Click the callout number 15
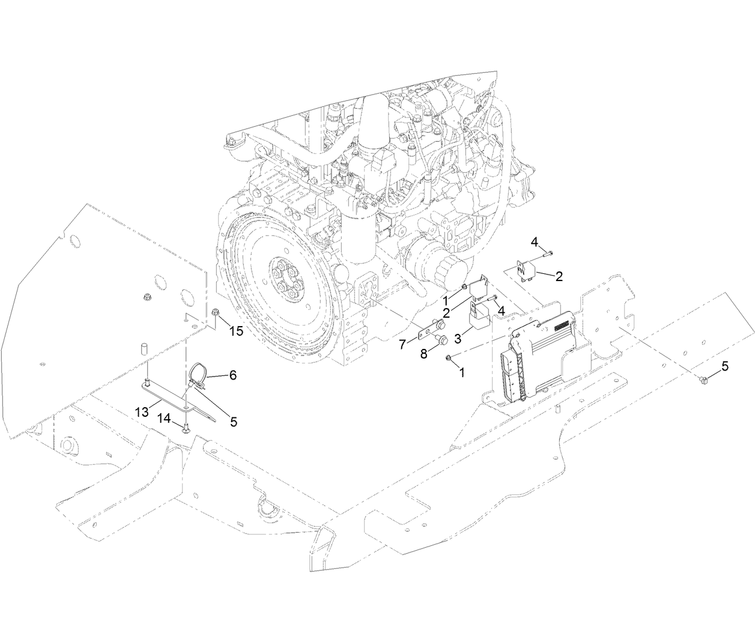[235, 330]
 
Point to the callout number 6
[232, 375]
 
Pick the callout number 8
[423, 354]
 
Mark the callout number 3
[458, 339]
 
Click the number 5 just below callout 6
[233, 422]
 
